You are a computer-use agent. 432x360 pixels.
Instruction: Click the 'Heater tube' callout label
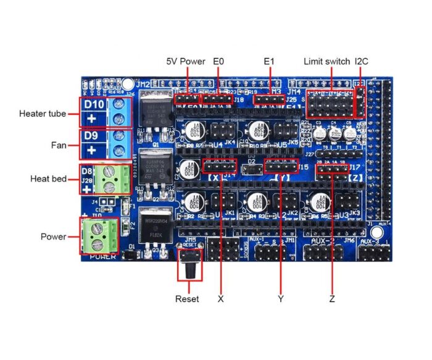pyautogui.click(x=43, y=114)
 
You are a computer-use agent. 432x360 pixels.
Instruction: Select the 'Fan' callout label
pyautogui.click(x=59, y=146)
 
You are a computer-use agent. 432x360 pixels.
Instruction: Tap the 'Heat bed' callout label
pyautogui.click(x=48, y=178)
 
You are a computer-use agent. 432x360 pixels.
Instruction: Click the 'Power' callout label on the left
pyautogui.click(x=53, y=237)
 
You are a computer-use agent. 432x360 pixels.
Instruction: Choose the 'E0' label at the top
pyautogui.click(x=218, y=62)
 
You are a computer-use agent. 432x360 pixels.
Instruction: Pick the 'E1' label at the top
pyautogui.click(x=269, y=62)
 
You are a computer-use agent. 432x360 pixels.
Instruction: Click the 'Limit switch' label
pyautogui.click(x=326, y=62)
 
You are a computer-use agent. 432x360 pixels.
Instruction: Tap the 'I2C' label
pyautogui.click(x=361, y=62)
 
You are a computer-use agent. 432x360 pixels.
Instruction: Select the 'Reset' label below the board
pyautogui.click(x=187, y=299)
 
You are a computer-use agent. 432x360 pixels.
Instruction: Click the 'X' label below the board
pyautogui.click(x=220, y=299)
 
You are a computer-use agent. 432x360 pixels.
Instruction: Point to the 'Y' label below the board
pyautogui.click(x=281, y=299)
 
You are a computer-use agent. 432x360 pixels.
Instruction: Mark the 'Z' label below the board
pyautogui.click(x=332, y=299)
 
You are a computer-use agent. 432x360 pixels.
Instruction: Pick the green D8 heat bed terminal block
pyautogui.click(x=109, y=178)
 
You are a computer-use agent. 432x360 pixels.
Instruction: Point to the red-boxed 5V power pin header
pyautogui.click(x=188, y=98)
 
